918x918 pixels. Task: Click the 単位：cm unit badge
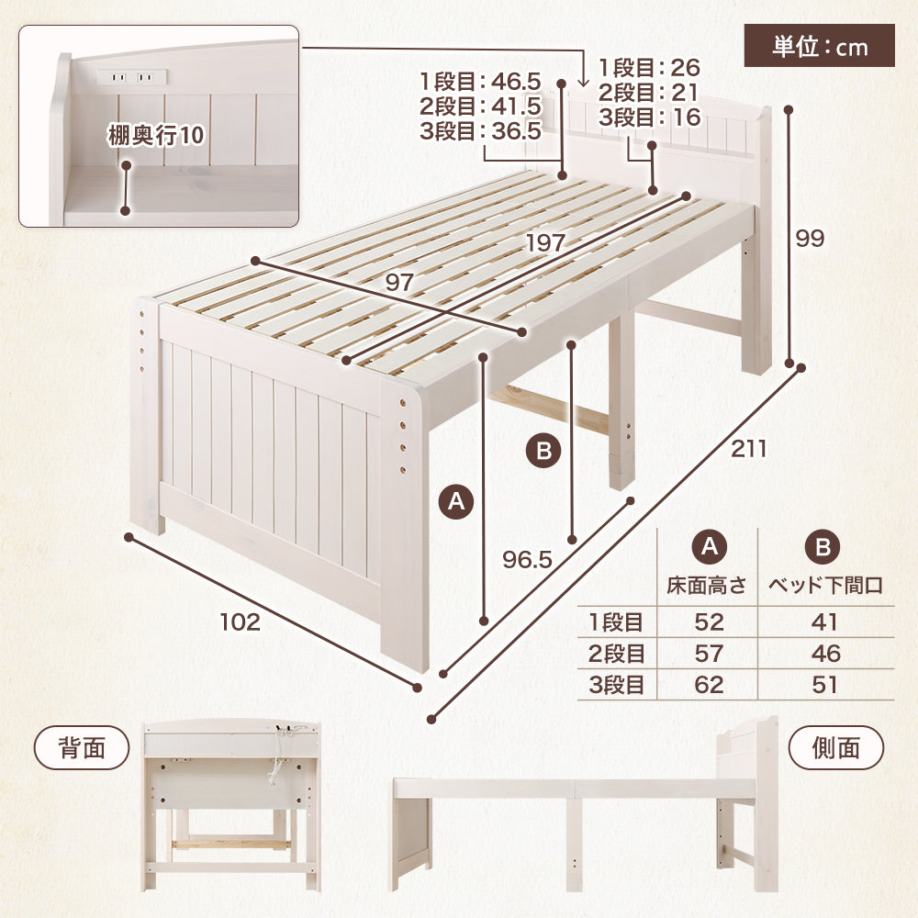[819, 46]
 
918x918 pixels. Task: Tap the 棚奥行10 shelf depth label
[156, 136]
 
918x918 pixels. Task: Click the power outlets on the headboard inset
[131, 77]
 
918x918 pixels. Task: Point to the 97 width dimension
[399, 283]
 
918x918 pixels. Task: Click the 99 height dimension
[810, 239]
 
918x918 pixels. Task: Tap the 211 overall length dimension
[748, 449]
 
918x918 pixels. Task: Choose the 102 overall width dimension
[240, 621]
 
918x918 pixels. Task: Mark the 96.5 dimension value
[528, 560]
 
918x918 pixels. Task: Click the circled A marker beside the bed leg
[456, 502]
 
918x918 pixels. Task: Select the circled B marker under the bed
[543, 451]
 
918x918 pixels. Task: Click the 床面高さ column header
[707, 585]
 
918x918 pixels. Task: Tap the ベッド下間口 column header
[825, 585]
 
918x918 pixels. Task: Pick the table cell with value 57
[709, 654]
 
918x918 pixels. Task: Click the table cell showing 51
[825, 685]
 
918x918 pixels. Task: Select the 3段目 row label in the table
[617, 685]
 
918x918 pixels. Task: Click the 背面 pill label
[82, 747]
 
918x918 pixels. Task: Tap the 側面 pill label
[836, 747]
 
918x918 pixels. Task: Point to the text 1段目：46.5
[480, 82]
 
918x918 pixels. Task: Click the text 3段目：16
[649, 118]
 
